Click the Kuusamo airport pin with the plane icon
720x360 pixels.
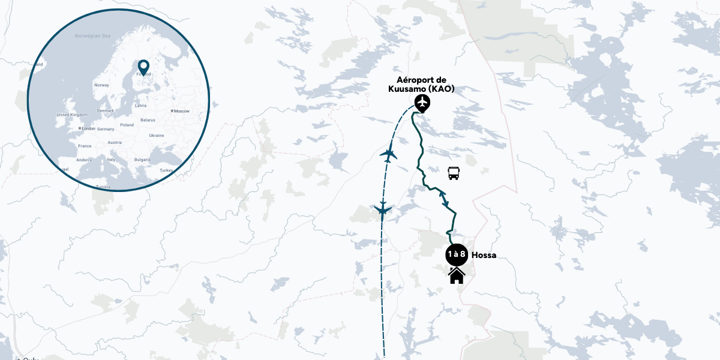point(423,103)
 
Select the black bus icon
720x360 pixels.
point(454,174)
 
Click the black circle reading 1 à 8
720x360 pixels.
point(457,254)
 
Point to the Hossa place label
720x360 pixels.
point(484,255)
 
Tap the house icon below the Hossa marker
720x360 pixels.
point(457,275)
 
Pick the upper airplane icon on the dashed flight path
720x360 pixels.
point(389,155)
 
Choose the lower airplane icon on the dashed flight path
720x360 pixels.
point(382,210)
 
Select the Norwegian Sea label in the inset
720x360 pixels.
point(93,36)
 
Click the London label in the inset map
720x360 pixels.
point(88,128)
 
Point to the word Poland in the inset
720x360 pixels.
point(127,125)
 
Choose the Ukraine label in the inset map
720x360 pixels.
point(156,135)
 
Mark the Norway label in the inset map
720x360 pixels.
point(101,85)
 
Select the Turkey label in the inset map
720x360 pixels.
point(166,170)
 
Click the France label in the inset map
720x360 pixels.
point(84,146)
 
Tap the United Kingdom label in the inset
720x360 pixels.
point(71,115)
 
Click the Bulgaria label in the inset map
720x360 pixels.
point(142,160)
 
